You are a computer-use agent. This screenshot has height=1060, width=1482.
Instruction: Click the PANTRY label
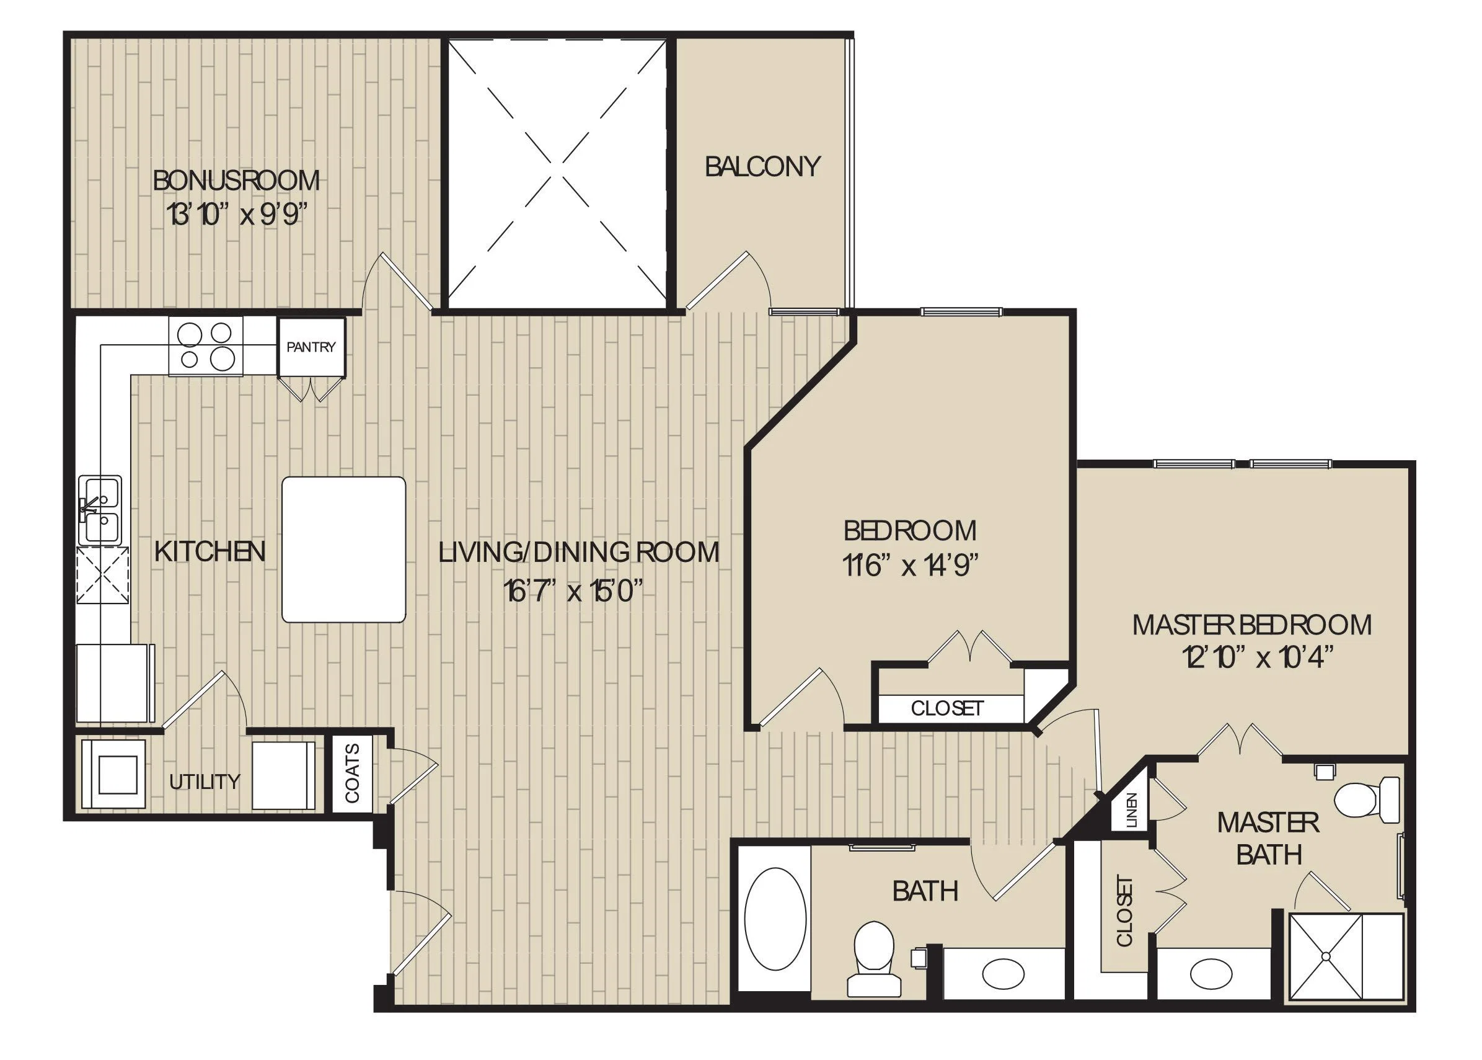point(311,347)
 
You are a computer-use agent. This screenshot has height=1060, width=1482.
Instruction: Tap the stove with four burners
point(205,346)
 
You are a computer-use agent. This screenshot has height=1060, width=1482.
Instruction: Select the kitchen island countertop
point(344,549)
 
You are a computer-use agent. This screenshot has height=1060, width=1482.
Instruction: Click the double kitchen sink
point(100,510)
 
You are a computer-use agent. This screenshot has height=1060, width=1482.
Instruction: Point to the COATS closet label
point(352,773)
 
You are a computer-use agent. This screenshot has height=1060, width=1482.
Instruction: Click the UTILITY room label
point(204,782)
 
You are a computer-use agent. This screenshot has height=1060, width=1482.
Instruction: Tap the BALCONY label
point(762,166)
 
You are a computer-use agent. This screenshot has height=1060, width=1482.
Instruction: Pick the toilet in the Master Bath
point(1367,800)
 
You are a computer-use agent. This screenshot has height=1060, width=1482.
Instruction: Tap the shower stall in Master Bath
point(1345,957)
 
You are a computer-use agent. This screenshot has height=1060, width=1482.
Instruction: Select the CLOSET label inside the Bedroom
point(947,708)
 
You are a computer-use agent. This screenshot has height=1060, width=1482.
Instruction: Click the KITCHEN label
point(210,552)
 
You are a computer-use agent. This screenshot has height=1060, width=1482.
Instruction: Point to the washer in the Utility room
point(113,774)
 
